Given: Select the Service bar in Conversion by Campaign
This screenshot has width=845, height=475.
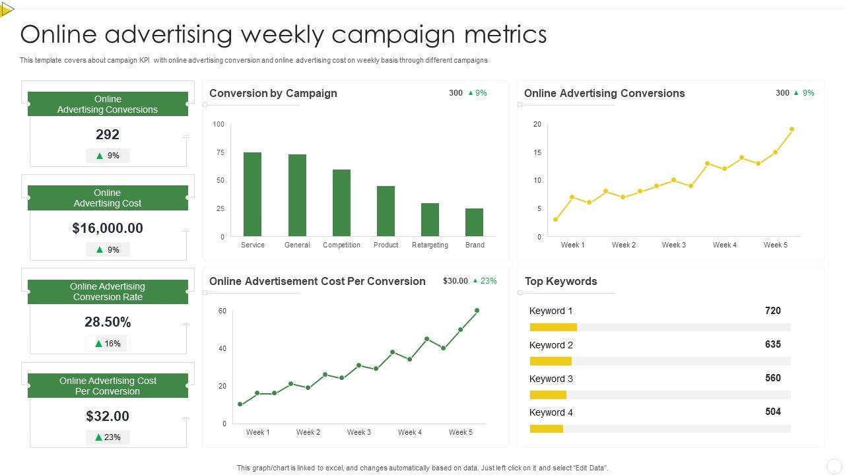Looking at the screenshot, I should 252,194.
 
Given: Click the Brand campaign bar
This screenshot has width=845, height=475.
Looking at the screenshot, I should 474,222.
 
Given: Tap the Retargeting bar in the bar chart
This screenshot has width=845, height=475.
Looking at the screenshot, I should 430,220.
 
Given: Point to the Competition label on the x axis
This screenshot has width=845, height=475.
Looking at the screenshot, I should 341,245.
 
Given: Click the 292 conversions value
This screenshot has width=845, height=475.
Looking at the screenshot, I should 108,135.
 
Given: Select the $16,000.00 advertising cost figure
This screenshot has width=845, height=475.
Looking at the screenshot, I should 108,228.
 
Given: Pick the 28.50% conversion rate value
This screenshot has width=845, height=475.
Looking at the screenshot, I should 108,322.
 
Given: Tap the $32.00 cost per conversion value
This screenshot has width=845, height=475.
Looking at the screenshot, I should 108,416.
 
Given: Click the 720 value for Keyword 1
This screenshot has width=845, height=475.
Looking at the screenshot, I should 772,310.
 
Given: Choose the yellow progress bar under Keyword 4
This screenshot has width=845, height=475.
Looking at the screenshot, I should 547,429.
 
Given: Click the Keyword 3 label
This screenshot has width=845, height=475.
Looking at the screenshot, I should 551,379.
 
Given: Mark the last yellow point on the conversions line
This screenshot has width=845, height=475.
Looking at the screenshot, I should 792,129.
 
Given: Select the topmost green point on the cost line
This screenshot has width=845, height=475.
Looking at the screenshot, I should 477,310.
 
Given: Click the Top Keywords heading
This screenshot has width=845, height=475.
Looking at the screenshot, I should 560,281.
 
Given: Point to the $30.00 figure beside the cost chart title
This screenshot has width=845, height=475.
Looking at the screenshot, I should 456,281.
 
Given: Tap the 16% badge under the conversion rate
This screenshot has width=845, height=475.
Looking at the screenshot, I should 108,343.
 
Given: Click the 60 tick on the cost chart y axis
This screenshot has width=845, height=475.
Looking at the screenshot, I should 222,311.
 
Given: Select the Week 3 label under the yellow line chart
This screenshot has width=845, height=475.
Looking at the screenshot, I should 674,245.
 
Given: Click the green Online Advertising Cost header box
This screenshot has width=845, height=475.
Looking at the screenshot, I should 108,198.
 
